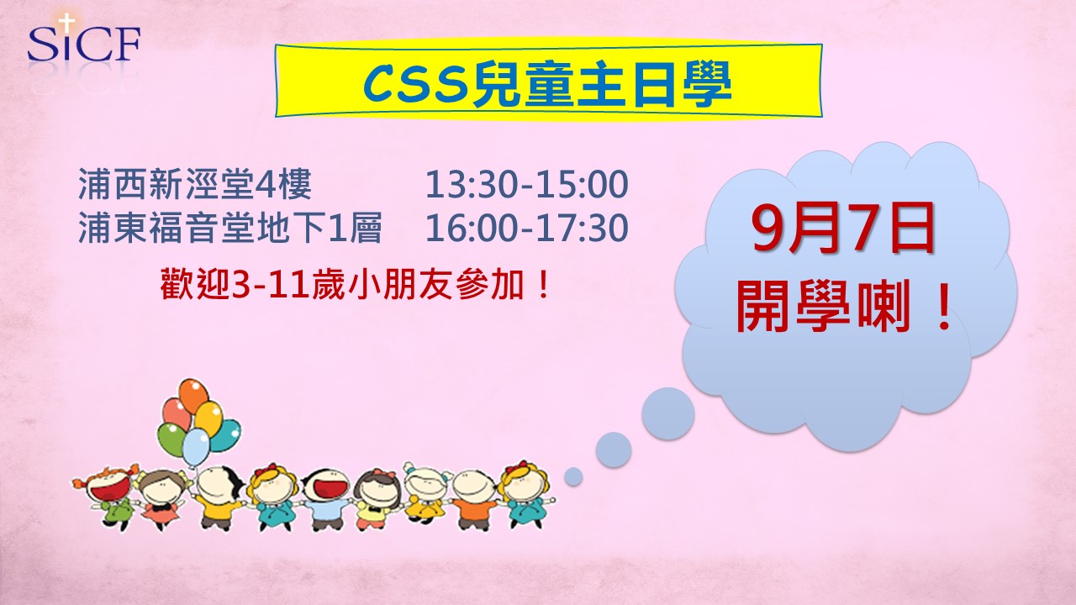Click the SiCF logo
[x=83, y=43]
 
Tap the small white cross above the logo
[x=66, y=22]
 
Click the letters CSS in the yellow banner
[x=415, y=86]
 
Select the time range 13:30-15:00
[x=527, y=184]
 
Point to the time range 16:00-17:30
[x=527, y=227]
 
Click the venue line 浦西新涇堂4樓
[x=194, y=184]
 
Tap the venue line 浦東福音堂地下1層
[x=230, y=227]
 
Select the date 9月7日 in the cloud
[x=843, y=227]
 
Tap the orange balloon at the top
[x=193, y=396]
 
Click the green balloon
[x=171, y=439]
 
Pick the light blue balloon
[x=196, y=447]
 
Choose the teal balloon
[x=226, y=435]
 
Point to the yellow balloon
[x=208, y=418]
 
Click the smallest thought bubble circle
[x=573, y=476]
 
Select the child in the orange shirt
[x=473, y=499]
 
